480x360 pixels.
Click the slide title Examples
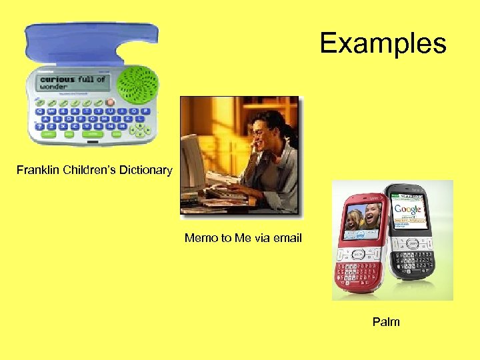(x=383, y=43)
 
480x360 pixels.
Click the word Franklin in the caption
(x=38, y=170)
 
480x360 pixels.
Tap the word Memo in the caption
(x=199, y=238)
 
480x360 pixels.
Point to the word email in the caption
(x=287, y=238)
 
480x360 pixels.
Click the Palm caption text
(x=386, y=322)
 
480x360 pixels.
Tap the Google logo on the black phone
(x=408, y=209)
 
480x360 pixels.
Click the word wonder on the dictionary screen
(x=54, y=87)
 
